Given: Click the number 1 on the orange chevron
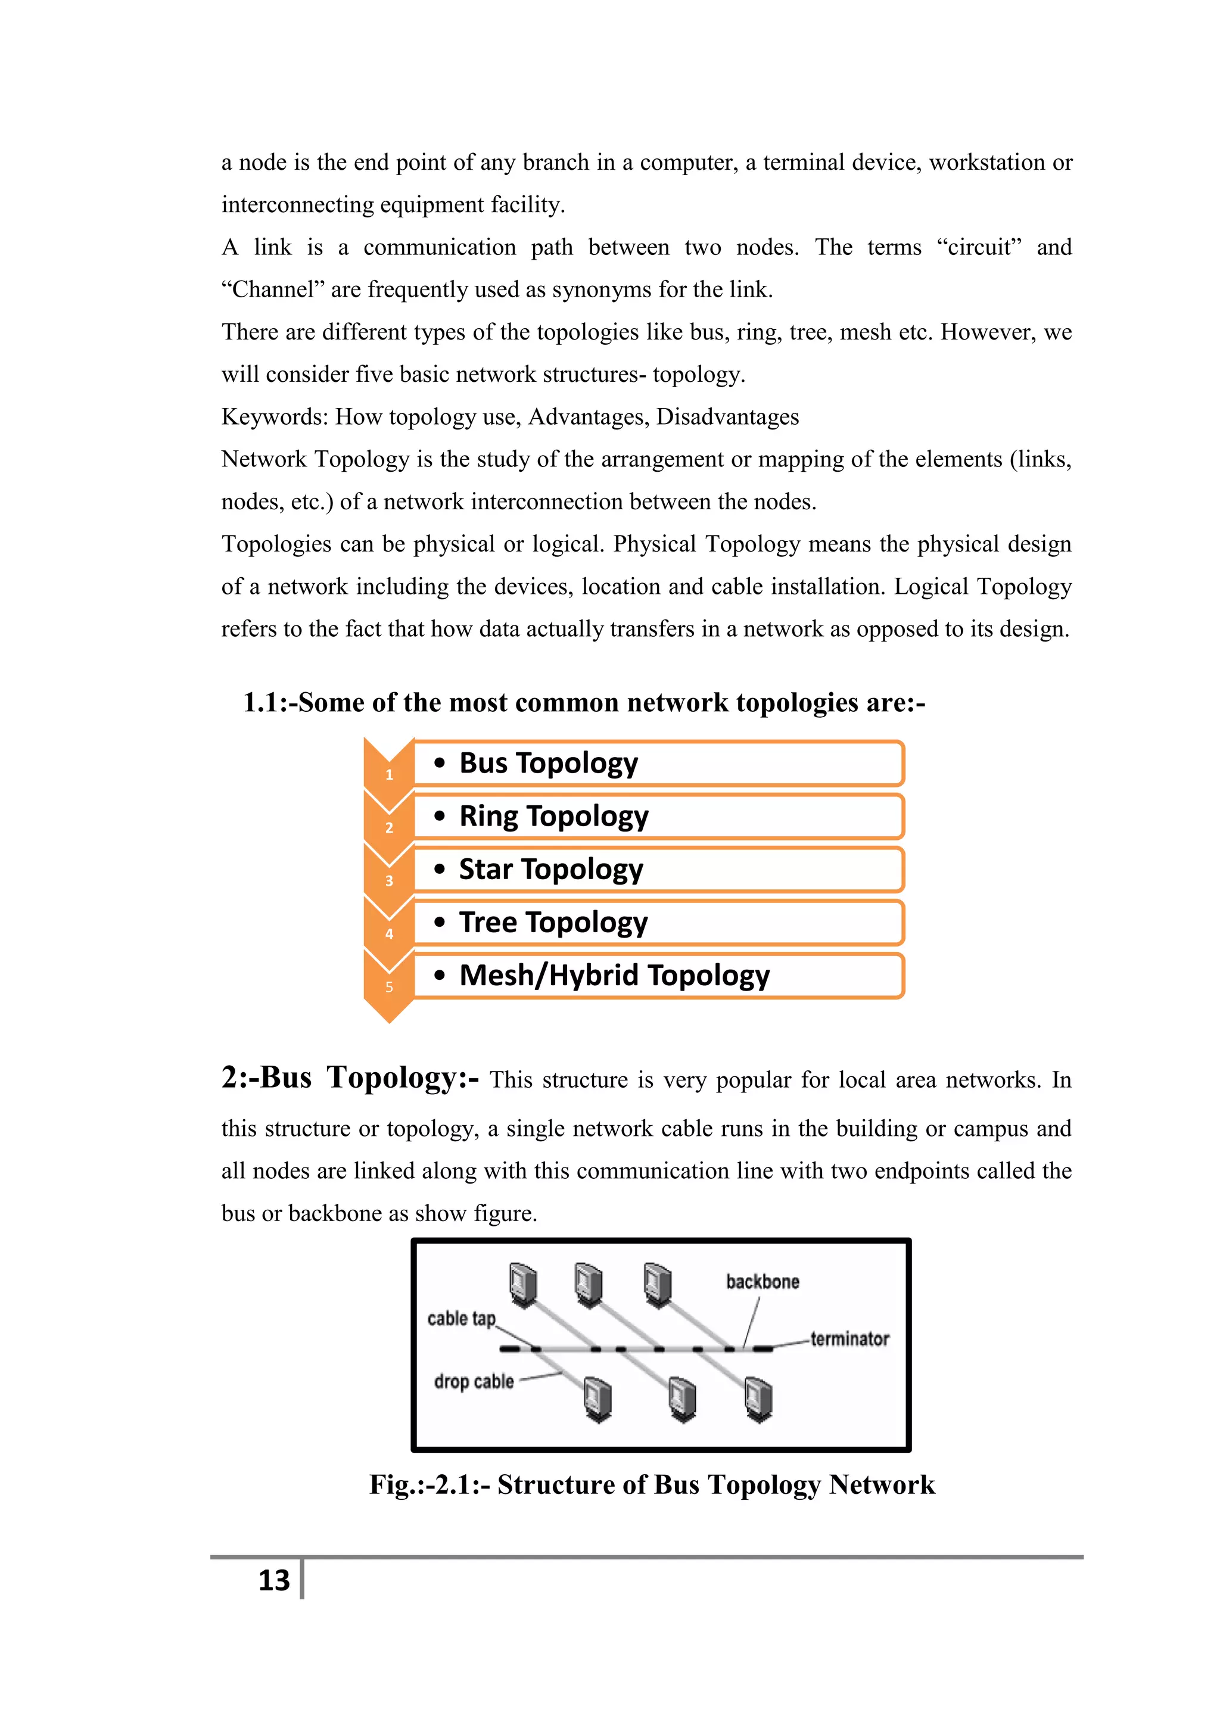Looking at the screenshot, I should pos(389,774).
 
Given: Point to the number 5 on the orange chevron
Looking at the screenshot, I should pos(389,987).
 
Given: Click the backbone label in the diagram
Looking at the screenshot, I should pos(762,1282).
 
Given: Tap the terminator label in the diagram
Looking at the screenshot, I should pos(849,1339).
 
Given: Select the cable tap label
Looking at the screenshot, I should pos(461,1319).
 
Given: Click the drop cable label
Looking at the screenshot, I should pos(473,1381).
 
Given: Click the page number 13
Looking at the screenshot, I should pos(274,1580).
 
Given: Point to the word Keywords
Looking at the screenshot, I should pos(274,417).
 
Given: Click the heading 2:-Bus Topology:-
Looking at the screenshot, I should pos(350,1078).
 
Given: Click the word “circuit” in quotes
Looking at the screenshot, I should pos(979,247).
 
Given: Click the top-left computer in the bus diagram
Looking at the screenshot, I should pos(523,1283).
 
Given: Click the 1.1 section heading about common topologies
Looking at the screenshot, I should pos(584,702).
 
